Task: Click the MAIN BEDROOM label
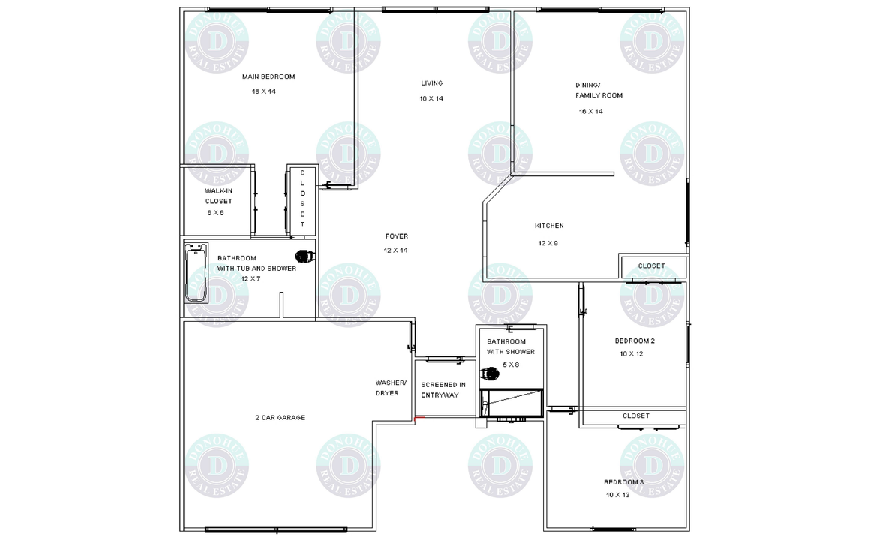click(268, 76)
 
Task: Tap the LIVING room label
click(432, 83)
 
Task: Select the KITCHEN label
click(549, 226)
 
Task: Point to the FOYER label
click(397, 236)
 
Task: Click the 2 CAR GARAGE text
click(280, 417)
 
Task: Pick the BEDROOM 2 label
click(634, 340)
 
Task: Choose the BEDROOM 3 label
click(624, 482)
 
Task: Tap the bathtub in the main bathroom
click(196, 272)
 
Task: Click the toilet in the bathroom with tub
click(304, 256)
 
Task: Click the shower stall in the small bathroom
click(511, 402)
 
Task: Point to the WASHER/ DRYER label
click(391, 388)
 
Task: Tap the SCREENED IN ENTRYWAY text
click(442, 389)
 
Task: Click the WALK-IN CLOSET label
click(218, 196)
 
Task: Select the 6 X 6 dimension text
click(215, 213)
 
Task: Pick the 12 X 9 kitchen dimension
click(547, 243)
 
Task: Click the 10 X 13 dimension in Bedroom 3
click(617, 495)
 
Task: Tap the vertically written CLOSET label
click(302, 199)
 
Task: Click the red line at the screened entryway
click(419, 417)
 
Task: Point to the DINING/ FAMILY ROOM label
click(598, 90)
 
